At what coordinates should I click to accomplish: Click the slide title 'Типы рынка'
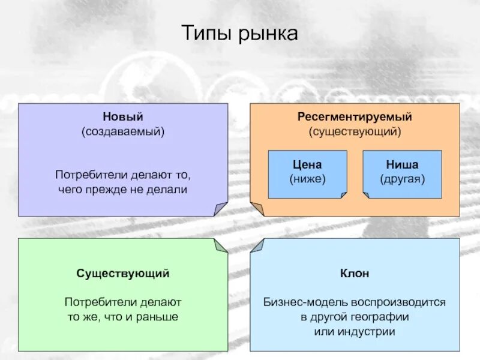pyautogui.click(x=239, y=34)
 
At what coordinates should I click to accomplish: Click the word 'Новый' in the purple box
pyautogui.click(x=122, y=116)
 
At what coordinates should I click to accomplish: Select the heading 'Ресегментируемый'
pyautogui.click(x=355, y=116)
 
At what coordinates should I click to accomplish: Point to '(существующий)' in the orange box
pyautogui.click(x=355, y=130)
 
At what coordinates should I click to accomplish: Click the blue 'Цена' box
pyautogui.click(x=307, y=174)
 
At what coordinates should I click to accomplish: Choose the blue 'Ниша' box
pyautogui.click(x=402, y=174)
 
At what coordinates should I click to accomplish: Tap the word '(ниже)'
pyautogui.click(x=307, y=179)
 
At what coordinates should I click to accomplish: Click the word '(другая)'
pyautogui.click(x=402, y=179)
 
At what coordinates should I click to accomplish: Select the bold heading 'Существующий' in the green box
pyautogui.click(x=122, y=274)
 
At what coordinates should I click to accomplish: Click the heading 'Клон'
pyautogui.click(x=355, y=274)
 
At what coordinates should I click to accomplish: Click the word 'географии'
pyautogui.click(x=381, y=317)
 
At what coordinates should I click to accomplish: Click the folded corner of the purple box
pyautogui.click(x=221, y=209)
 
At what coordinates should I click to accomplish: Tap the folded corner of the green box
pyautogui.click(x=221, y=245)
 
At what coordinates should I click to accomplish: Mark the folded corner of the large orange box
pyautogui.click(x=257, y=209)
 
